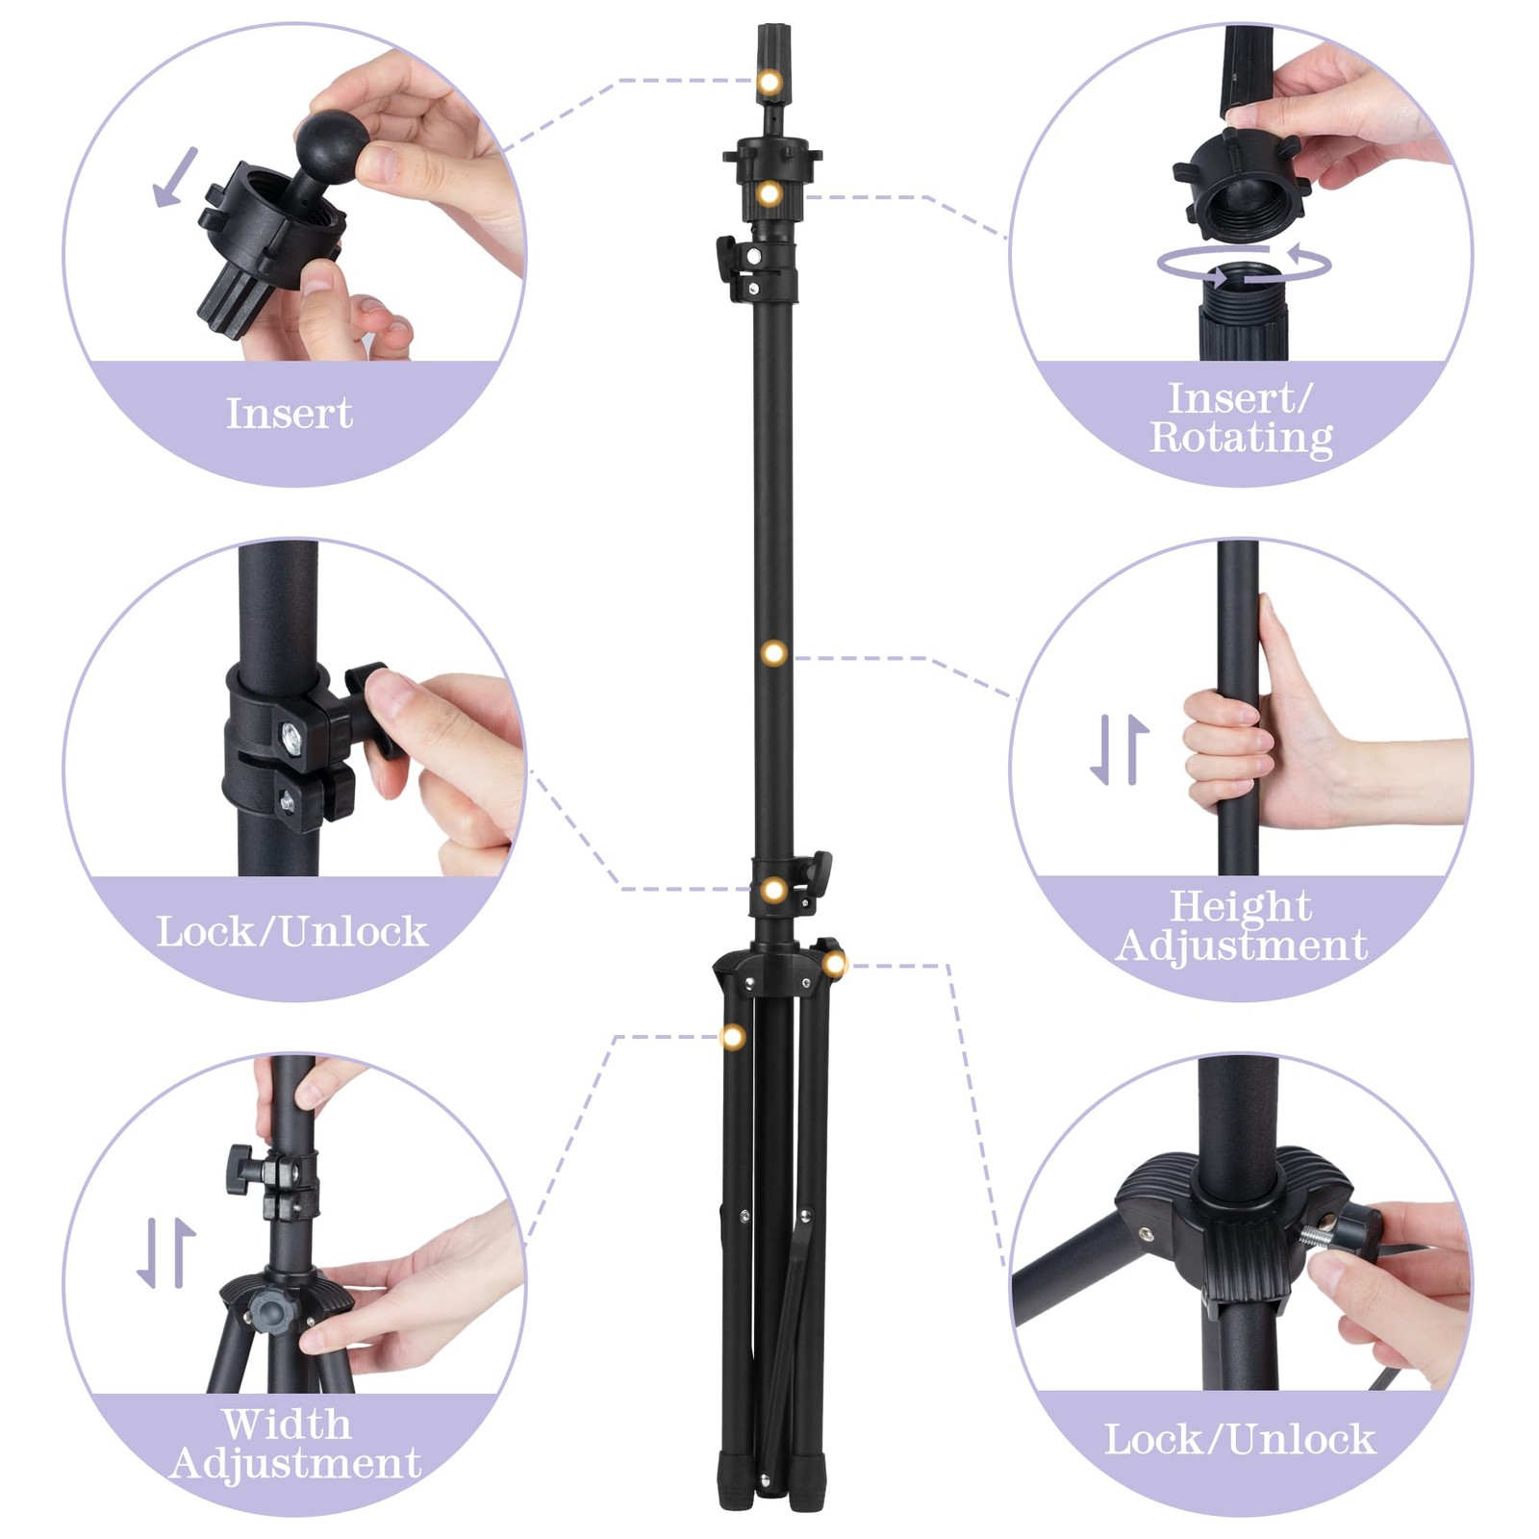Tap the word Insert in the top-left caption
290,414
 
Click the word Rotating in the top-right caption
1241,439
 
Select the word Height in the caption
1241,906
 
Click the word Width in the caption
287,1424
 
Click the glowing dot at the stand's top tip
769,82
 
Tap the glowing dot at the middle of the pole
774,654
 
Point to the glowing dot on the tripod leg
733,1037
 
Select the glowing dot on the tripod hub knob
834,963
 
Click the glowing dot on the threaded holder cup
769,194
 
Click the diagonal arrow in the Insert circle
175,177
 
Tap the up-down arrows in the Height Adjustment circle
1120,749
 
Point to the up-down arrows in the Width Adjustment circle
166,1253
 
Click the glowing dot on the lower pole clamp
774,891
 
